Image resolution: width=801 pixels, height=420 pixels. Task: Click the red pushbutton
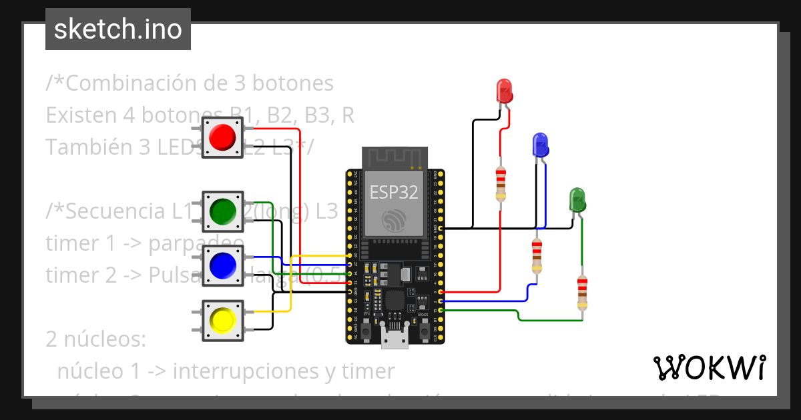[x=222, y=137]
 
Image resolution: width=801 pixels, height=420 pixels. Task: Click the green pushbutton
[x=222, y=212]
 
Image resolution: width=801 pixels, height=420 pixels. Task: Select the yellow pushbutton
[x=222, y=321]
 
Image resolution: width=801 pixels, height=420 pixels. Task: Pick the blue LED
[x=539, y=145]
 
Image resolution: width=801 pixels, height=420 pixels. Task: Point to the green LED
[x=577, y=199]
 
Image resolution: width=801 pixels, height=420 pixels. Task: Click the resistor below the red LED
[x=501, y=185]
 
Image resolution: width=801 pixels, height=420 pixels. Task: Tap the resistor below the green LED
[x=582, y=293]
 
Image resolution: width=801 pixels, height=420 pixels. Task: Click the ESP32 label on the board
[x=394, y=193]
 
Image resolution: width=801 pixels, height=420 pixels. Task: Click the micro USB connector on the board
[x=394, y=337]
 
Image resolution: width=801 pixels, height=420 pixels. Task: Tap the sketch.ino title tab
[x=117, y=29]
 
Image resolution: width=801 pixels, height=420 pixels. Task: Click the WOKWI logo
[x=709, y=367]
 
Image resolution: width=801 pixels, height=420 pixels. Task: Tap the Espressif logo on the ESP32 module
[x=394, y=220]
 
